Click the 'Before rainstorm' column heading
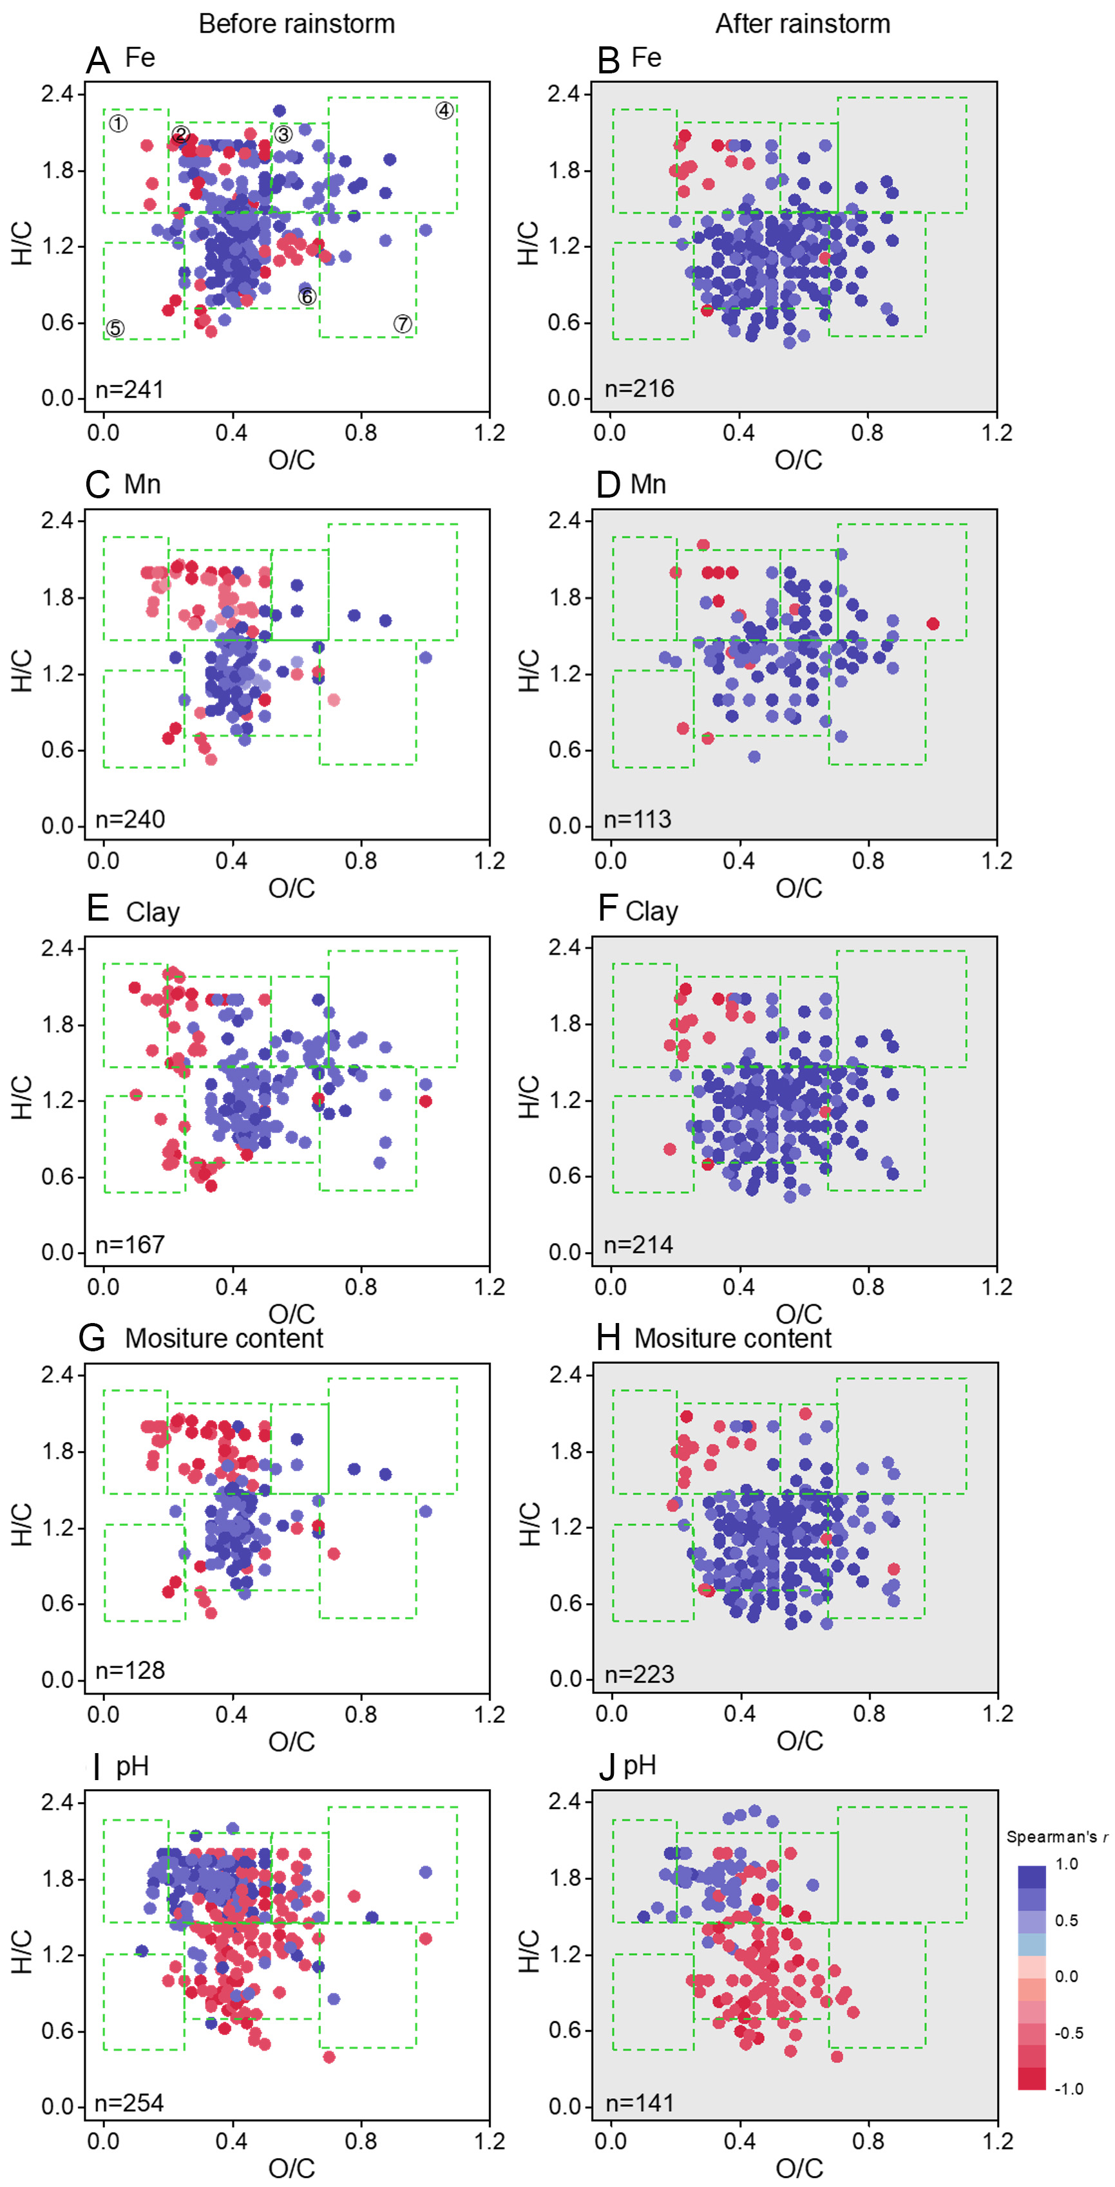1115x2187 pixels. [x=296, y=24]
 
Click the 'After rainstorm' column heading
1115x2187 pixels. [x=803, y=24]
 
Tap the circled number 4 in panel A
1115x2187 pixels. [x=444, y=110]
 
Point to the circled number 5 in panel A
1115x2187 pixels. [x=115, y=328]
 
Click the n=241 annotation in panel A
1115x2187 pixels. [x=129, y=389]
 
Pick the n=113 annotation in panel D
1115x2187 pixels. [x=637, y=820]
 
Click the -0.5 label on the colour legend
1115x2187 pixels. [x=1068, y=2033]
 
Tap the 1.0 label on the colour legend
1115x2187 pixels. [x=1067, y=1864]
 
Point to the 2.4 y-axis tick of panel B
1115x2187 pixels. [x=564, y=93]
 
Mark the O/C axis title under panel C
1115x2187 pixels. [x=291, y=888]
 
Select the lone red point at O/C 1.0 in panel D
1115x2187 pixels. [x=933, y=624]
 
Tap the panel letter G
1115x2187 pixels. [x=91, y=1339]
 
